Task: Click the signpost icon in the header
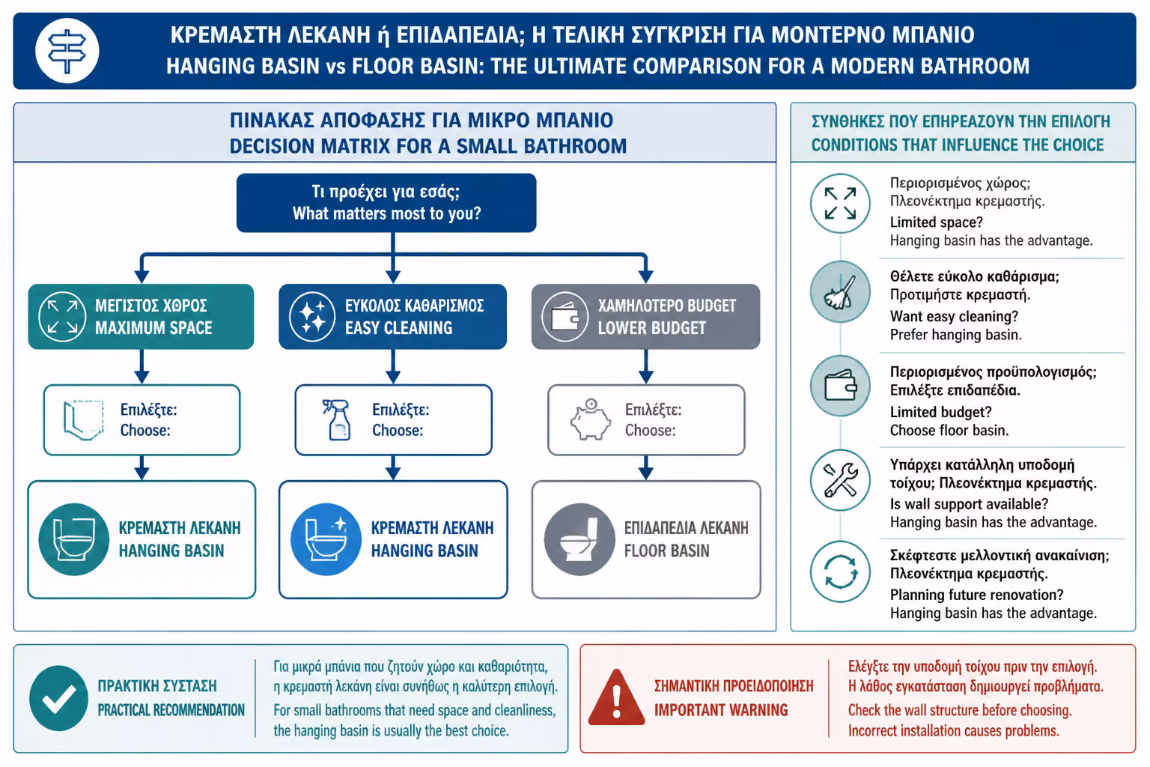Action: tap(67, 51)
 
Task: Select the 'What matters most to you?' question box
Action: tap(386, 202)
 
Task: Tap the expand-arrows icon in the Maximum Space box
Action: tap(62, 316)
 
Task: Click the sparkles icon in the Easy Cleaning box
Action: tap(312, 316)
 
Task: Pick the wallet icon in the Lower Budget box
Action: tap(565, 316)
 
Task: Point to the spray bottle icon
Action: tap(338, 419)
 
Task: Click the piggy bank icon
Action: tap(591, 419)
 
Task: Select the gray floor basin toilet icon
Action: tap(579, 539)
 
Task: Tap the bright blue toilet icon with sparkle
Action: tap(326, 539)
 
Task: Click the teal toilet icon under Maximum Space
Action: tap(74, 539)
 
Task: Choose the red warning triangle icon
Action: tap(616, 697)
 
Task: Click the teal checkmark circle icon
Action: tap(58, 698)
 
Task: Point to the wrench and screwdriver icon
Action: tap(841, 480)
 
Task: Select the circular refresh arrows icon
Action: tap(841, 572)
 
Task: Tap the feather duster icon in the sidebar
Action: tap(841, 292)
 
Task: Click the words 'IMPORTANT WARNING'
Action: tap(721, 710)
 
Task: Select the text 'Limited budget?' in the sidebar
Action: tap(940, 412)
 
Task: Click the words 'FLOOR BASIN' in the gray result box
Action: tap(666, 551)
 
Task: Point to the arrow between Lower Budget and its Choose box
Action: tap(646, 367)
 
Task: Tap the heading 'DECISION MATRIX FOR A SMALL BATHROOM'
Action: tap(428, 146)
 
